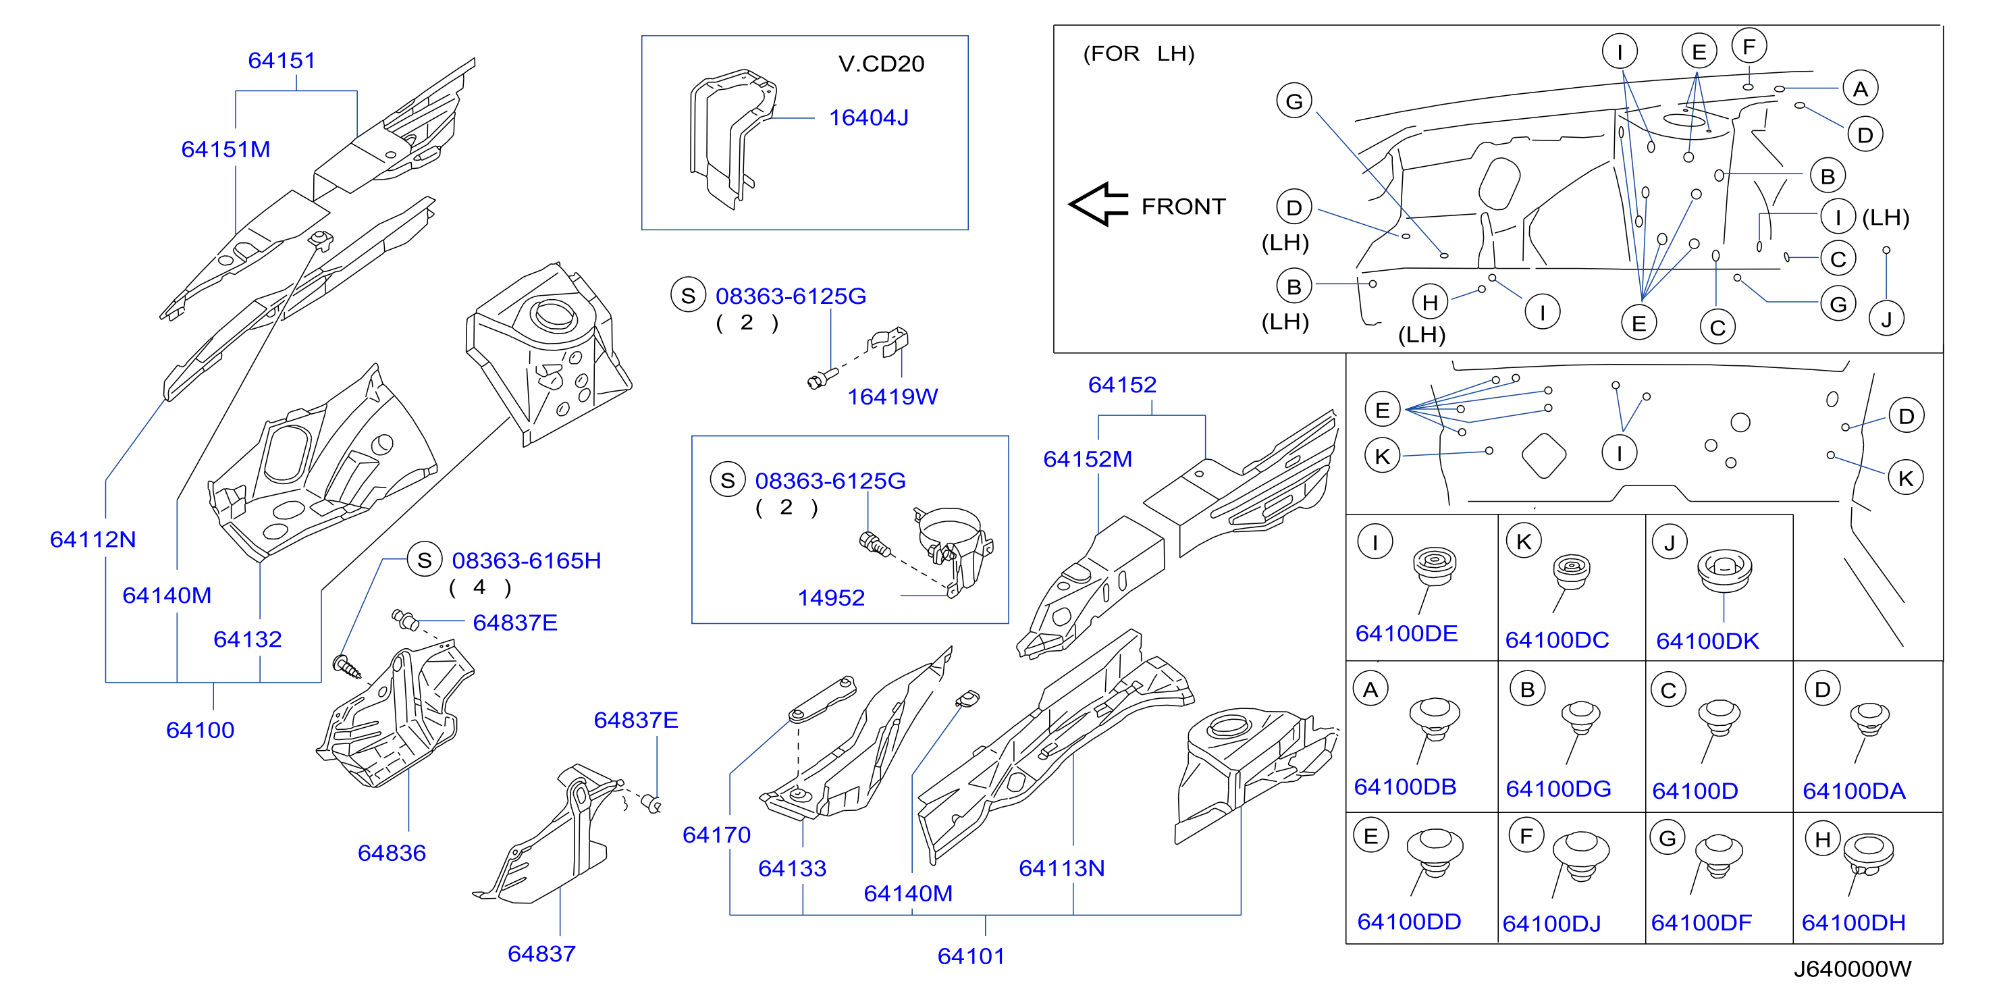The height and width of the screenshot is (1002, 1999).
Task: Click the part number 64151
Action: (282, 61)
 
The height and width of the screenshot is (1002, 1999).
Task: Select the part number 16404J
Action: (868, 117)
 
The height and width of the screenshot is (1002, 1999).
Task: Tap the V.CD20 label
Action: (881, 63)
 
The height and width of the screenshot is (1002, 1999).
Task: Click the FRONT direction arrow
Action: (1098, 205)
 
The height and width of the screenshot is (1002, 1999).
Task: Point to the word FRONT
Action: (1183, 207)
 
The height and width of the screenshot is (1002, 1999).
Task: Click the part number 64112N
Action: (92, 539)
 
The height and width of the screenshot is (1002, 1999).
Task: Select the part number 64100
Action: (201, 731)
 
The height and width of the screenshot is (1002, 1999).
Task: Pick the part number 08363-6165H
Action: (526, 560)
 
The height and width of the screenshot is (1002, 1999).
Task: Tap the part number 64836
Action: (392, 853)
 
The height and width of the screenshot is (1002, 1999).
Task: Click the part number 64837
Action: (541, 954)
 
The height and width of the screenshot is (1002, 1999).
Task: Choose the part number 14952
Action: (831, 598)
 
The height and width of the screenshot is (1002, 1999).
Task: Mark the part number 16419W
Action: (892, 396)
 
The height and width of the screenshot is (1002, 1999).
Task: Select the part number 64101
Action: (971, 956)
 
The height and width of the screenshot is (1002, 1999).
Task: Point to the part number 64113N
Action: (1061, 868)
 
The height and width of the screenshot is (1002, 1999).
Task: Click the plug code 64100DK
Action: (1707, 641)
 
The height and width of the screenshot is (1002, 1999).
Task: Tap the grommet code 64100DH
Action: (1853, 923)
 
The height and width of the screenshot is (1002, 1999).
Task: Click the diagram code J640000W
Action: (1853, 969)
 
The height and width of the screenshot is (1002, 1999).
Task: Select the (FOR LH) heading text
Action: (1138, 53)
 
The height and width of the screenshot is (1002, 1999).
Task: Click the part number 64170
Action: (716, 835)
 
